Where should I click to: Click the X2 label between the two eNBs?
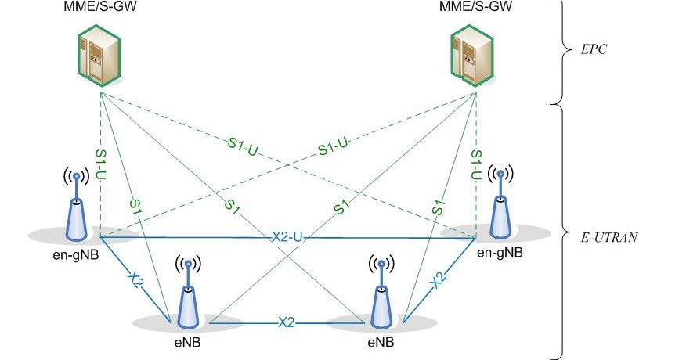[x=287, y=322]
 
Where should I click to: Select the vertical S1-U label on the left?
[x=101, y=164]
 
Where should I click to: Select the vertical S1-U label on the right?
[x=475, y=164]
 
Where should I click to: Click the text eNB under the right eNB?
[x=381, y=343]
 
